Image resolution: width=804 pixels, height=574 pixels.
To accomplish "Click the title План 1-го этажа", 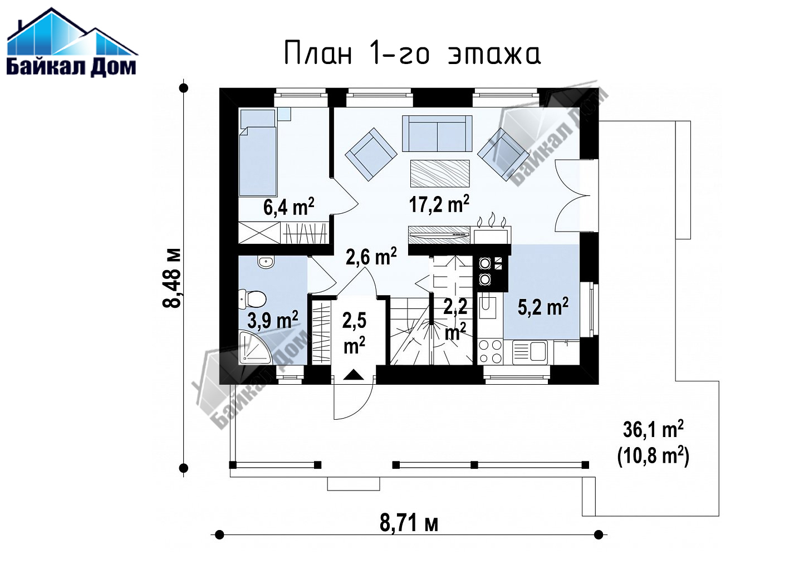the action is pos(413,53).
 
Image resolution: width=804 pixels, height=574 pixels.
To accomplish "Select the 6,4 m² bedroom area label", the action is pos(288,207).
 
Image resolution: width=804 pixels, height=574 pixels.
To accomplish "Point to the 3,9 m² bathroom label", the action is pos(273,320).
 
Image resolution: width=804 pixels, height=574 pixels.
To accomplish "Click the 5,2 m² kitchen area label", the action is pos(543,306).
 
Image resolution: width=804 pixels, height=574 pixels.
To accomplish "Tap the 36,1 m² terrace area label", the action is pos(653,429).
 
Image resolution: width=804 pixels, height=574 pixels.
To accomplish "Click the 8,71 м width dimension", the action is pos(409,524).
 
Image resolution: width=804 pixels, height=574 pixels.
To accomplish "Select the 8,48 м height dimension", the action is pos(171,278).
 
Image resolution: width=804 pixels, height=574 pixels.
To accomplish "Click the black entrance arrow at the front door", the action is pos(354,375).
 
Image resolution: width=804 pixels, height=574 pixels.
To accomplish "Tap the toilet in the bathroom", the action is pos(252,300).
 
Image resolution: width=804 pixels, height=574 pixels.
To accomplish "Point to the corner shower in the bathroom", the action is pos(256,347).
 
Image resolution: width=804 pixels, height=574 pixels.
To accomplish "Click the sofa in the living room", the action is pos(437,134).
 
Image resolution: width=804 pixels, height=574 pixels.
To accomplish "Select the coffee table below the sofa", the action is pos(440,173).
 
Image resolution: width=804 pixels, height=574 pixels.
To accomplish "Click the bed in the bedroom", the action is pos(258,153).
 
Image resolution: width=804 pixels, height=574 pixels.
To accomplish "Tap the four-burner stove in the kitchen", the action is pos(491,352).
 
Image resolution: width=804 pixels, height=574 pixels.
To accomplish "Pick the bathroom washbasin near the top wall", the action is pos(266,261).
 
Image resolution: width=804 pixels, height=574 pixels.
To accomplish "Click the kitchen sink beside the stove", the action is pos(530,351).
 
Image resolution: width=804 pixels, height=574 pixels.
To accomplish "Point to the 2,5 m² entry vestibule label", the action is pos(354,333).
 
